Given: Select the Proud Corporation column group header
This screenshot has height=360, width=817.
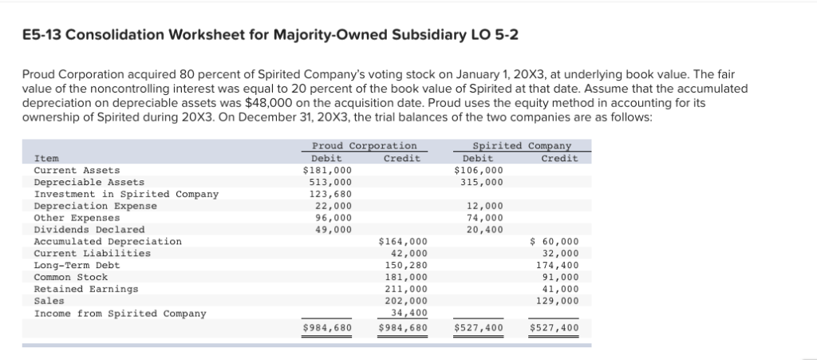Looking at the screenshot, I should (x=364, y=145).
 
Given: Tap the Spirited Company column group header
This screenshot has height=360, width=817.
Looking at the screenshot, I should (x=522, y=145).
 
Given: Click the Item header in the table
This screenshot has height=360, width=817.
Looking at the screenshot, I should (x=46, y=158).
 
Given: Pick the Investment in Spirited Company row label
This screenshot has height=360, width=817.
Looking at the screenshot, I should (x=126, y=194).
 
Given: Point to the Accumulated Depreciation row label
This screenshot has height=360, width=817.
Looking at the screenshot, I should (x=108, y=241).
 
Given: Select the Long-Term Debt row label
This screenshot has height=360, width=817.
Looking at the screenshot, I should (x=77, y=265).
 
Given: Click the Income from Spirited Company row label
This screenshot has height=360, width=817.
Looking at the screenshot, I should (x=120, y=313).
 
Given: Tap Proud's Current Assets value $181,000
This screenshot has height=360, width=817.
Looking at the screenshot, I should (x=327, y=170).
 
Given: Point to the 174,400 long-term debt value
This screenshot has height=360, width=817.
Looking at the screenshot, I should (x=558, y=265).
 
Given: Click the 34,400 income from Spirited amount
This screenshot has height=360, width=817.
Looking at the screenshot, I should (x=408, y=313).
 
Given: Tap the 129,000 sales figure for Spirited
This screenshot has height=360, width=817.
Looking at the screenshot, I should (x=558, y=301).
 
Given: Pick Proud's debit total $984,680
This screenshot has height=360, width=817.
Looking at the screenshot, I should (x=327, y=327).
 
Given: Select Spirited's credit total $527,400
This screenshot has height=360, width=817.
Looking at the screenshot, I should (x=555, y=327).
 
